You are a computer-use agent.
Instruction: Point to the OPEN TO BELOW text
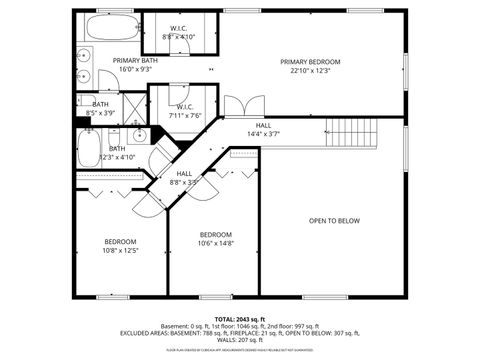pos(334,221)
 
